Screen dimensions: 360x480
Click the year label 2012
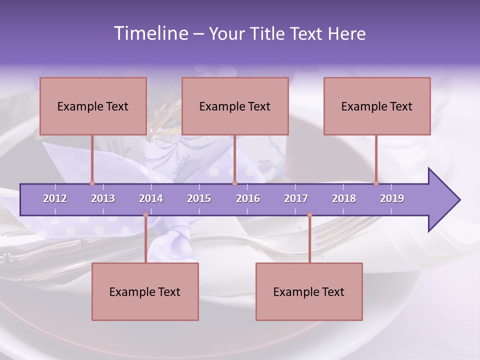pos(55,198)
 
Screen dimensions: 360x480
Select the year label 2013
pos(103,198)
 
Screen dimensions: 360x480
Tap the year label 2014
pos(151,198)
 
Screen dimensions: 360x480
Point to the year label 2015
pos(199,198)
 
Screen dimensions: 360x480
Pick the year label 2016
pos(248,198)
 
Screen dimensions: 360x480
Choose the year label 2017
pos(296,198)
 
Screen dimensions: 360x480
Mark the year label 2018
pos(344,198)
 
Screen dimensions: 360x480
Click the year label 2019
pos(392,198)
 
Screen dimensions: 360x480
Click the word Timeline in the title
pos(150,33)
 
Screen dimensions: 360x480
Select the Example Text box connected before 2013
pos(93,106)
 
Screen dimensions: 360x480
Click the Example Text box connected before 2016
pos(235,106)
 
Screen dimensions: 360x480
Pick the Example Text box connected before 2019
pos(377,106)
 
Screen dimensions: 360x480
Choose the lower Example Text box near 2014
pos(145,291)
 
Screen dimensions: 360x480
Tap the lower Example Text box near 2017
pos(309,291)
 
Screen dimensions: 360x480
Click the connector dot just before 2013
pos(92,183)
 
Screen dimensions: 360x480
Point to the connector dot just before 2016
pos(234,183)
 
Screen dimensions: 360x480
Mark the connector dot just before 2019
pos(376,183)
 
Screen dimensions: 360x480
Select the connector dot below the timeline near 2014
pos(145,215)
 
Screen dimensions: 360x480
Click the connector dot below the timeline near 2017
pos(309,215)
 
